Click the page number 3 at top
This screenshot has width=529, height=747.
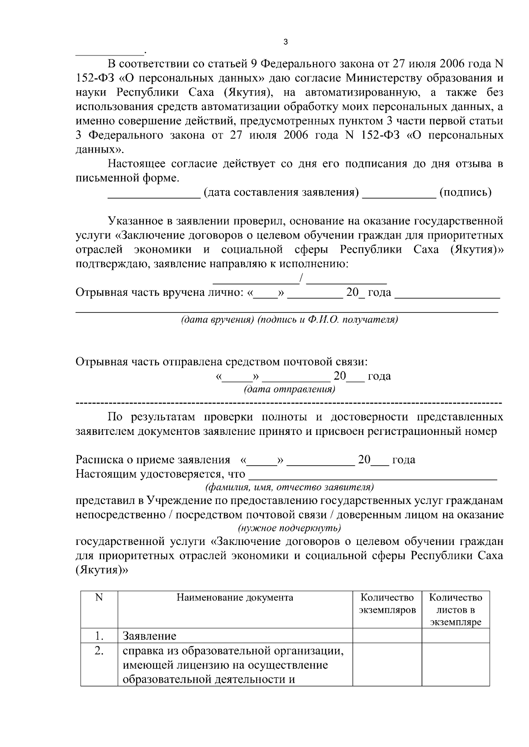pos(285,42)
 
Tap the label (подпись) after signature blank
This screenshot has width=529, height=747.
pos(465,192)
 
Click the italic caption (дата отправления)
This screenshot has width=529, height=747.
pos(289,390)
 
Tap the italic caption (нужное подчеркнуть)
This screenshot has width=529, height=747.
pos(289,528)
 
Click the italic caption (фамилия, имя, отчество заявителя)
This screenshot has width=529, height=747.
pos(289,487)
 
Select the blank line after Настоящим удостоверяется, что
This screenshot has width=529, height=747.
pos(373,477)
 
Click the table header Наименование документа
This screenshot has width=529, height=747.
pos(235,598)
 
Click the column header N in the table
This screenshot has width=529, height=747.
pos(99,597)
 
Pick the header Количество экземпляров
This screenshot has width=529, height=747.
pos(387,603)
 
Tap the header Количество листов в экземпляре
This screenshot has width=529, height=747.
pos(455,610)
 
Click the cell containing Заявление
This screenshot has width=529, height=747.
pos(149,636)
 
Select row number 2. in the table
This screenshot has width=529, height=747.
pos(99,651)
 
